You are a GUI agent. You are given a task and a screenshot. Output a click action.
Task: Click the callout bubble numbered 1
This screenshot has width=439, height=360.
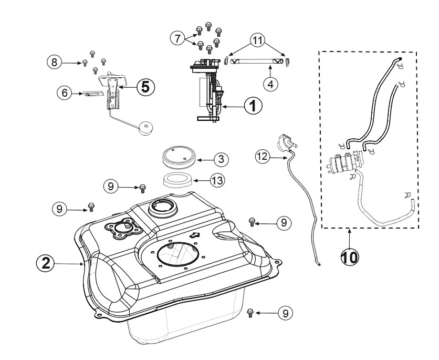(x=253, y=106)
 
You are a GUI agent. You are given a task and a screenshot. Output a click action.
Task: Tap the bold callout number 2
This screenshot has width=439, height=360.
(x=45, y=263)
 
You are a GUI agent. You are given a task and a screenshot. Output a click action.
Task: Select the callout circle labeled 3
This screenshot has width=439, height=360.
(x=221, y=159)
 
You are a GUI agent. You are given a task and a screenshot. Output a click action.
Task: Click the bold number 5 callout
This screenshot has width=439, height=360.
(x=146, y=87)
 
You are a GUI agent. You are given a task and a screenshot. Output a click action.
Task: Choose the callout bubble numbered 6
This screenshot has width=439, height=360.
(x=65, y=92)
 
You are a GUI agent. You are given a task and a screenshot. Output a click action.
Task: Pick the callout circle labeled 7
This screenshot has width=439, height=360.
(x=178, y=38)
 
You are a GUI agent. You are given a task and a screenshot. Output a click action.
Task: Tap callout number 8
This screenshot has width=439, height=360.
(x=54, y=62)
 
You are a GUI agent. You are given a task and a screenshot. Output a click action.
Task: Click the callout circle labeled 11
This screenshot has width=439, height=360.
(x=257, y=40)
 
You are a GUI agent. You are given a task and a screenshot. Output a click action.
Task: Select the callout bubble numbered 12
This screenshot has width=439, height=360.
(x=263, y=156)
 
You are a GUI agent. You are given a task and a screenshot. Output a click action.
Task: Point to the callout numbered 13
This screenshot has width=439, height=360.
(x=217, y=180)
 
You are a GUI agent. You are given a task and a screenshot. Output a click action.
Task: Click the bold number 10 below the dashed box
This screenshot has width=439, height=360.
(x=349, y=257)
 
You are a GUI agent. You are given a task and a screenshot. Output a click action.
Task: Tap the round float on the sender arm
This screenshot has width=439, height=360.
(x=145, y=129)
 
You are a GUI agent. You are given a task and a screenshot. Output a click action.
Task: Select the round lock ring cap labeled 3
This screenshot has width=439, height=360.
(x=178, y=158)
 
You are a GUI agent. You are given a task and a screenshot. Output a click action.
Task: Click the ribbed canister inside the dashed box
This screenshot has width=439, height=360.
(x=344, y=162)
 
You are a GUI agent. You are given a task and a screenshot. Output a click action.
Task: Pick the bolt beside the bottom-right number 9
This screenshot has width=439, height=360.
(x=250, y=313)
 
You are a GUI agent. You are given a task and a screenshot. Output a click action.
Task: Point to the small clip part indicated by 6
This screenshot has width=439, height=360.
(x=93, y=94)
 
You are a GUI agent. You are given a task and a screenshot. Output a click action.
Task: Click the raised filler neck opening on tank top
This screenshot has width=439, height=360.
(x=163, y=209)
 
